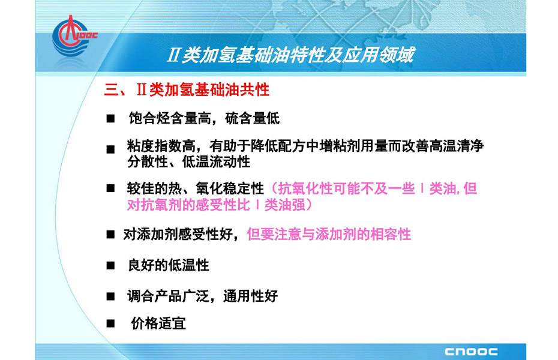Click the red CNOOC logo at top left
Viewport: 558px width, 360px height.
pyautogui.click(x=74, y=35)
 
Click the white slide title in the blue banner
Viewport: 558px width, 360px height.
pyautogui.click(x=291, y=55)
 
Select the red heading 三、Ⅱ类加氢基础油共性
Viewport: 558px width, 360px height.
pyautogui.click(x=187, y=89)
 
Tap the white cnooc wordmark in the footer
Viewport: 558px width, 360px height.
pyautogui.click(x=471, y=352)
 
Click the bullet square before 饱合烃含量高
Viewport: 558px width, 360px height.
pyautogui.click(x=110, y=118)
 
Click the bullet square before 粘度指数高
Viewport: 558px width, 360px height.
pyautogui.click(x=110, y=149)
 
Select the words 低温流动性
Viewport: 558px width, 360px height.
pyautogui.click(x=217, y=162)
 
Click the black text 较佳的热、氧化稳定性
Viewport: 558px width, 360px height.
pyautogui.click(x=196, y=188)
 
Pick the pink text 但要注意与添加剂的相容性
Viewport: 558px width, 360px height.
pyautogui.click(x=329, y=234)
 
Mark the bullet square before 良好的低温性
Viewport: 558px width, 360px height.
pyautogui.click(x=110, y=265)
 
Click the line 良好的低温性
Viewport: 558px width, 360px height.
pyautogui.click(x=169, y=265)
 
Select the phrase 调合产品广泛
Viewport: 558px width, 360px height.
pyautogui.click(x=169, y=296)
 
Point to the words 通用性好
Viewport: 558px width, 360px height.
pyautogui.click(x=251, y=296)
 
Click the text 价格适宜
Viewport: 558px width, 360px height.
pyautogui.click(x=158, y=323)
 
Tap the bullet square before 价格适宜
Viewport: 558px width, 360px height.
pyautogui.click(x=110, y=323)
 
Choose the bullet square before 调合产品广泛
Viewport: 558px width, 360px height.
pyautogui.click(x=110, y=296)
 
